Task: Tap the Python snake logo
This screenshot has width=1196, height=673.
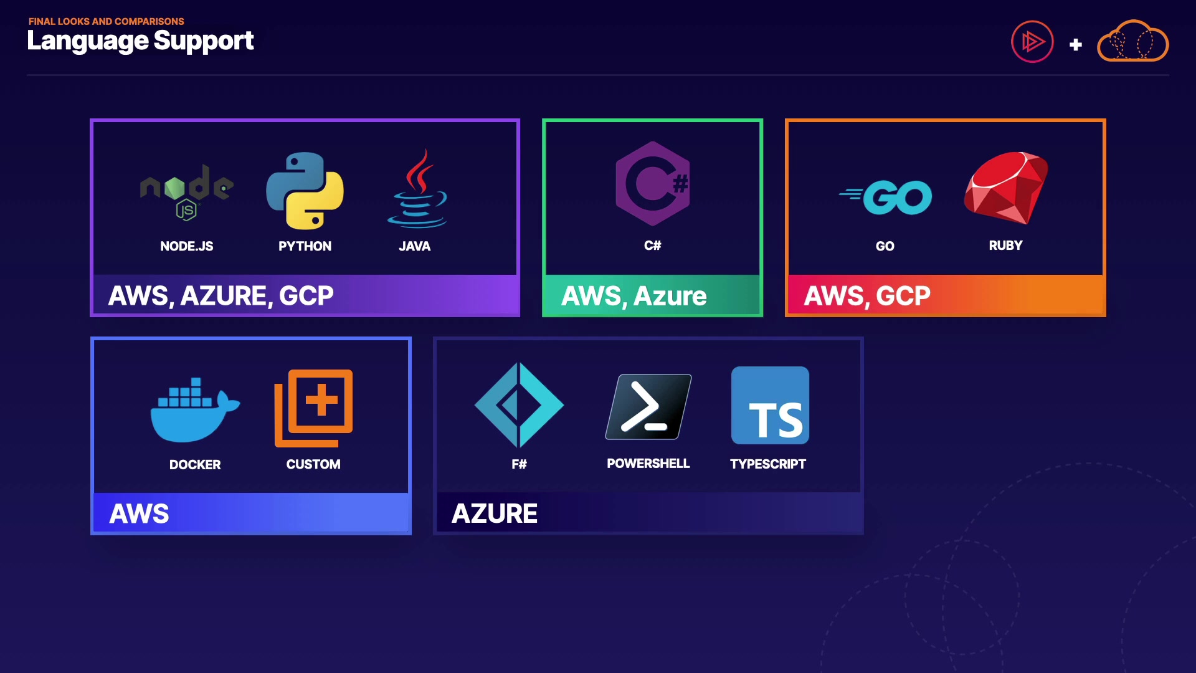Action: (x=305, y=191)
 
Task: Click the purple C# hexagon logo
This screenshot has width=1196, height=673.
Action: (x=653, y=183)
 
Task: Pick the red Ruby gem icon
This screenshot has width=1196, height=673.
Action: (x=1006, y=187)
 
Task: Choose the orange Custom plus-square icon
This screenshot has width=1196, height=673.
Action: (x=313, y=408)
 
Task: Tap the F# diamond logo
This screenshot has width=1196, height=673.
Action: (x=519, y=405)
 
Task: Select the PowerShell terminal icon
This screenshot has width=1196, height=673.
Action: (x=648, y=406)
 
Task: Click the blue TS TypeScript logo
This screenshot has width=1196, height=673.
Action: (x=770, y=406)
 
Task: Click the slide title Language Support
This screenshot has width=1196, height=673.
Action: (x=140, y=41)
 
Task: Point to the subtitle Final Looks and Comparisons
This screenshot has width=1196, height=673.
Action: (x=106, y=21)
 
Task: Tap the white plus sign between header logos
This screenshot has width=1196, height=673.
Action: (x=1075, y=45)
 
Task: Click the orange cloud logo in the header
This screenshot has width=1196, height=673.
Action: (x=1132, y=42)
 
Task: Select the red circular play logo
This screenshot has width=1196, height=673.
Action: (x=1032, y=42)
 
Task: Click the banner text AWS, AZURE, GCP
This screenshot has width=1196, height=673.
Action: (x=221, y=296)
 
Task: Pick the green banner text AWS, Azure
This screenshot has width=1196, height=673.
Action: (x=634, y=296)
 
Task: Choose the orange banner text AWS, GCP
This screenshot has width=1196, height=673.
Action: (x=867, y=296)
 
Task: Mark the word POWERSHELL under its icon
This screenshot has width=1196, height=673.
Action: (x=648, y=464)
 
